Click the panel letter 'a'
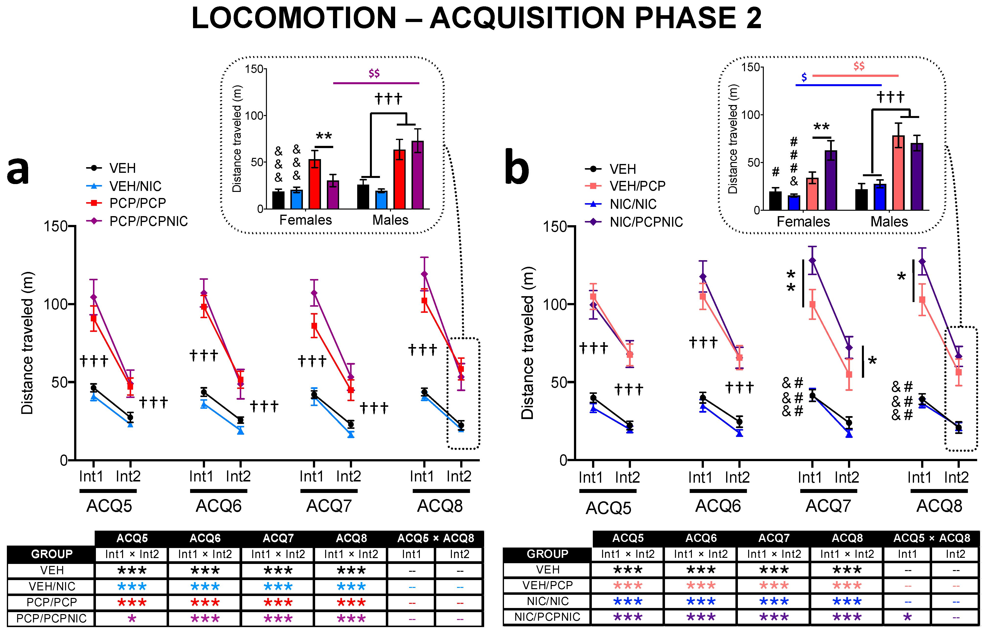point(18,170)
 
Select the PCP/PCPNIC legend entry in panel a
point(148,221)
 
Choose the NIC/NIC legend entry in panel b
point(633,204)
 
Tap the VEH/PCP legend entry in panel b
point(637,186)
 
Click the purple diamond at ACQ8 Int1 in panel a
point(424,274)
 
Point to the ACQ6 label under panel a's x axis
point(219,506)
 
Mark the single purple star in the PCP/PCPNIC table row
point(132,618)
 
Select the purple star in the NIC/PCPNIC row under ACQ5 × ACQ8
point(907,617)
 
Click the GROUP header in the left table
point(52,554)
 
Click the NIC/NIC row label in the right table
point(548,601)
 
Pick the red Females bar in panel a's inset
point(314,184)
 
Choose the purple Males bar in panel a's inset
point(418,175)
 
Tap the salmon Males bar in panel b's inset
point(898,173)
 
